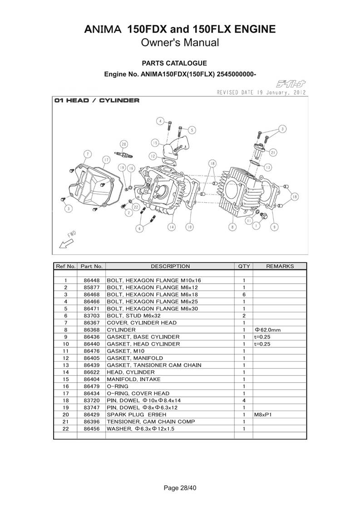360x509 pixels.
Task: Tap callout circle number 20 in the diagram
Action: tap(124, 144)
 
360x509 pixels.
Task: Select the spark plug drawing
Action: tap(124, 155)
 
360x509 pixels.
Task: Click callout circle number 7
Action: tap(87, 154)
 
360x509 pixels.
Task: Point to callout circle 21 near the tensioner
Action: tap(273, 152)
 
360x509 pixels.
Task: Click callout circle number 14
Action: tap(172, 227)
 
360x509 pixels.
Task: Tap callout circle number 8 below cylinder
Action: tap(232, 227)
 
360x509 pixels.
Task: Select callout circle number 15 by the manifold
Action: tap(155, 143)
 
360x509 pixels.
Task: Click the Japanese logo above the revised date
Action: tap(291, 84)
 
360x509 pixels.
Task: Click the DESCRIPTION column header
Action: tap(170, 266)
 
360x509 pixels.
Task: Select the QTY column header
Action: tap(244, 266)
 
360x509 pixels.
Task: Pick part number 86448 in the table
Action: tap(92, 280)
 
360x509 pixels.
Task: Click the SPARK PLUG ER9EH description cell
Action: tap(137, 415)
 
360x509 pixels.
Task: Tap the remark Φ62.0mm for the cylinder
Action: tap(268, 330)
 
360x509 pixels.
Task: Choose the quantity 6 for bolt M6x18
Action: tap(244, 295)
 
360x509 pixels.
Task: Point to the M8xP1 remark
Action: tap(263, 415)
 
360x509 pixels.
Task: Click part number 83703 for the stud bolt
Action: tap(92, 316)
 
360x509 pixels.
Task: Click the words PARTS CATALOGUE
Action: tap(174, 64)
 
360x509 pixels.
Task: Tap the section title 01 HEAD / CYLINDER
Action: tap(97, 101)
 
